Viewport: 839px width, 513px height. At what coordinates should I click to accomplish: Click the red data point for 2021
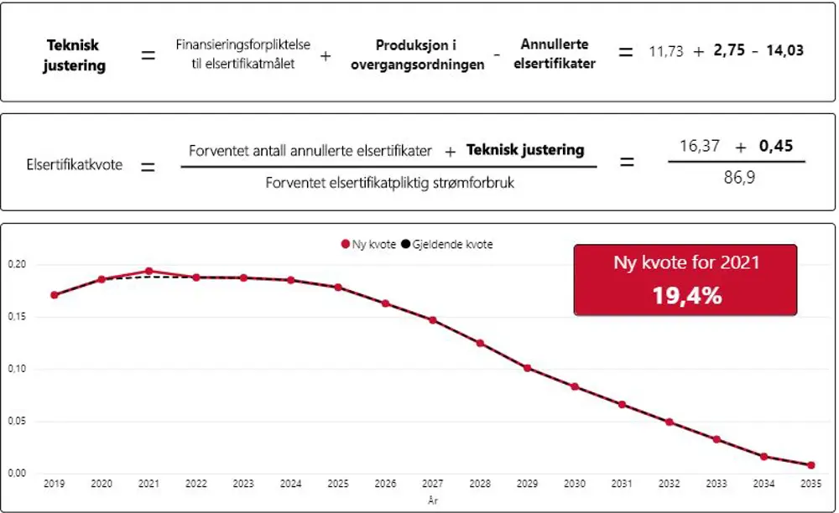click(x=149, y=272)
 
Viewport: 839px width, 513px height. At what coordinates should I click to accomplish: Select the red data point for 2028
click(x=480, y=343)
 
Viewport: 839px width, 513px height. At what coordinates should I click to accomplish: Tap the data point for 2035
click(x=811, y=465)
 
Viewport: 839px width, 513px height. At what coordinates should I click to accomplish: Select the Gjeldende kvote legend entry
click(x=447, y=245)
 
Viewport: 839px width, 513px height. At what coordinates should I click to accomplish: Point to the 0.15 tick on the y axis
click(x=16, y=317)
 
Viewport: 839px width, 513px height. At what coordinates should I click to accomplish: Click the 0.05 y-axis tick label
click(x=16, y=421)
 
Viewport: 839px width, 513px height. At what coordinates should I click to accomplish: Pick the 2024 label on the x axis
click(x=290, y=484)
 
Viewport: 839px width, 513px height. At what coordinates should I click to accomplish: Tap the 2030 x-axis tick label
click(x=575, y=484)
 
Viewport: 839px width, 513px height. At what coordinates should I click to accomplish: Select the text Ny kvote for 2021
click(x=685, y=262)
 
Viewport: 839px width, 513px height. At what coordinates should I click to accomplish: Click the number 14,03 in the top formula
click(x=784, y=51)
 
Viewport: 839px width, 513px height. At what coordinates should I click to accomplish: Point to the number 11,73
click(x=666, y=51)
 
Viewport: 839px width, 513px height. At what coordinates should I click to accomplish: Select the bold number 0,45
click(x=776, y=146)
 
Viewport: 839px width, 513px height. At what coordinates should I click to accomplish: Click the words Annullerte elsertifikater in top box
click(x=554, y=54)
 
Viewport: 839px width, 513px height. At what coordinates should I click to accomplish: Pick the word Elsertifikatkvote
click(x=75, y=164)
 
